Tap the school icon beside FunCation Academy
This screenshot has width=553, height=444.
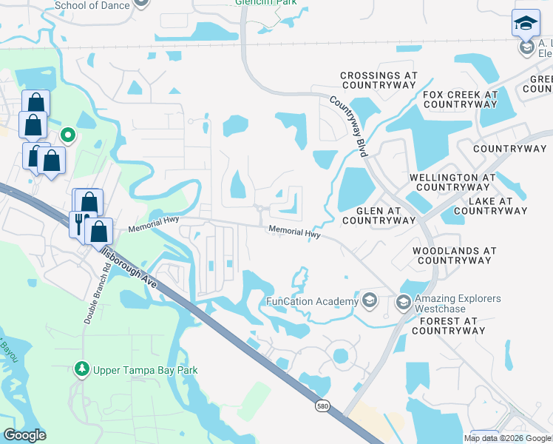(370, 301)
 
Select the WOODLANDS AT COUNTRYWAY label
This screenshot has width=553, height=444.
(454, 256)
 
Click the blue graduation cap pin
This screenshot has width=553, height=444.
(526, 22)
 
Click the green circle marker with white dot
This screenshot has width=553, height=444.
(67, 135)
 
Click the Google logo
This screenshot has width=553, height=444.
(24, 435)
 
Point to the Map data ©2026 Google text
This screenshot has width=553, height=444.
(508, 438)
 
